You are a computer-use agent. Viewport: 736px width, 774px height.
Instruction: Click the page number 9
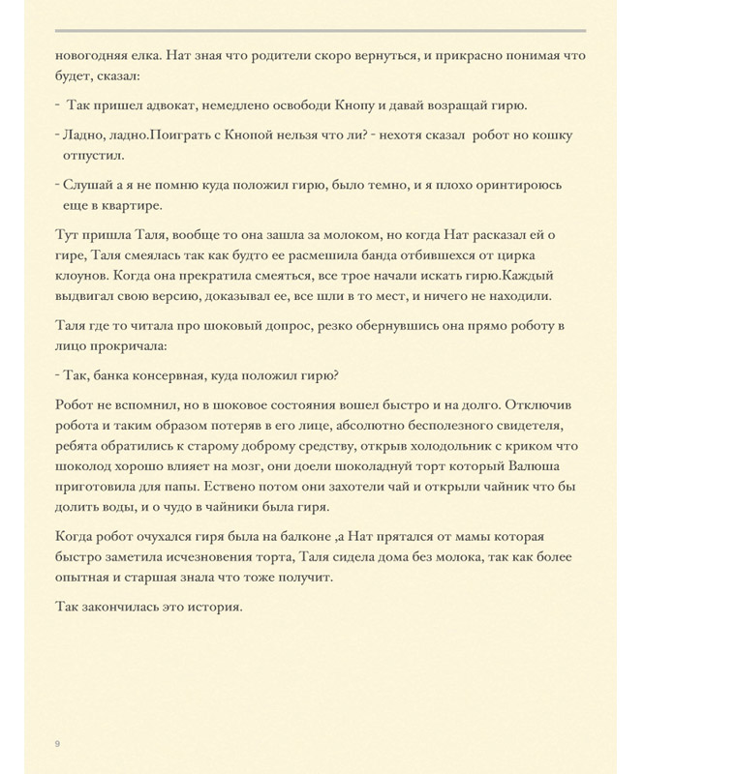pos(57,743)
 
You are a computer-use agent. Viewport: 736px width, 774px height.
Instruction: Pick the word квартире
pos(131,205)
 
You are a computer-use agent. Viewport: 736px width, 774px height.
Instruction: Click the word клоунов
pos(81,276)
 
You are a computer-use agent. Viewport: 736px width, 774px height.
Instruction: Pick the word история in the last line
pos(208,607)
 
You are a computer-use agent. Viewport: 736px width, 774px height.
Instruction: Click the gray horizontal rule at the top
pos(320,30)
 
